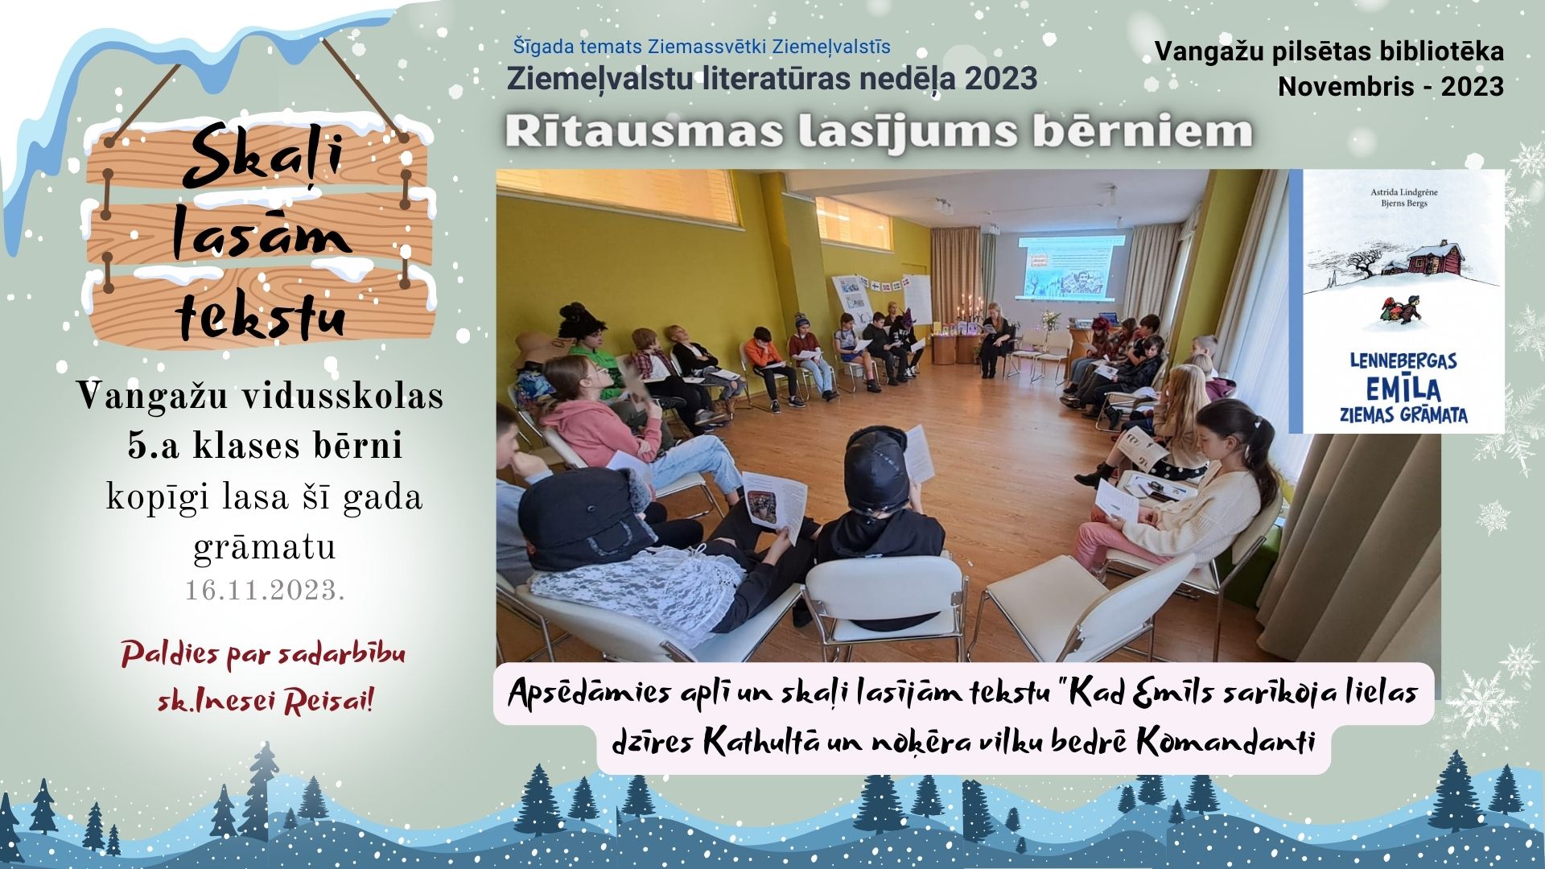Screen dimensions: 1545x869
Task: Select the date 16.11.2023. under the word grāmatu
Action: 265,591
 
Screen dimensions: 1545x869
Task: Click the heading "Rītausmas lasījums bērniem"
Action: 879,132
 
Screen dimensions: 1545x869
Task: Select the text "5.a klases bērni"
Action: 265,446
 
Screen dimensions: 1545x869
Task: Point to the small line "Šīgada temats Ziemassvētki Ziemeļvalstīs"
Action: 702,47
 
